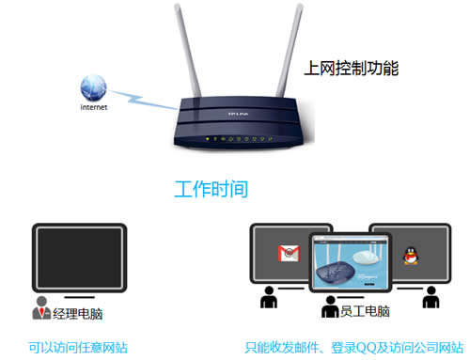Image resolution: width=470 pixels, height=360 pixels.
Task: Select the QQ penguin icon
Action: (x=410, y=254)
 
